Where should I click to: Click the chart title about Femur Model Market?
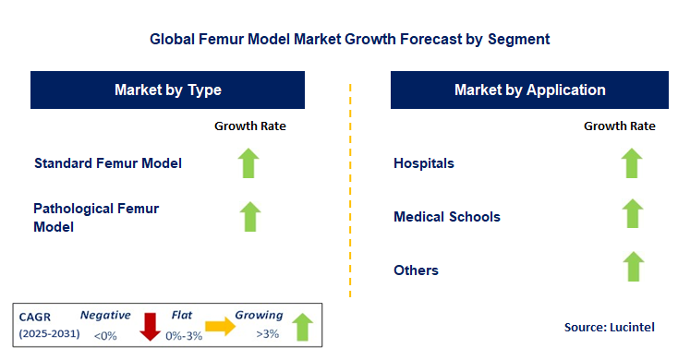click(349, 40)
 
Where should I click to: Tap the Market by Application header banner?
click(529, 90)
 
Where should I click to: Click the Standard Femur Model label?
click(108, 163)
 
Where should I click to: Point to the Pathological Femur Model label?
click(96, 217)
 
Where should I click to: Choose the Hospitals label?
click(424, 163)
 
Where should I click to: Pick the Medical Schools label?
click(447, 217)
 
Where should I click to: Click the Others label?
click(417, 270)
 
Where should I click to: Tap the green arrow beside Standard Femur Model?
click(248, 163)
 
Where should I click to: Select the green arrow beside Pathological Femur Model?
click(248, 216)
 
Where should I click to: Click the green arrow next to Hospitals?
click(632, 163)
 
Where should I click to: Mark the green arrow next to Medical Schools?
click(632, 214)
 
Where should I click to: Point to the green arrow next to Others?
click(632, 267)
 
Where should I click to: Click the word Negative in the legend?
click(105, 314)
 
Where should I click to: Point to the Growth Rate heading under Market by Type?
click(249, 126)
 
